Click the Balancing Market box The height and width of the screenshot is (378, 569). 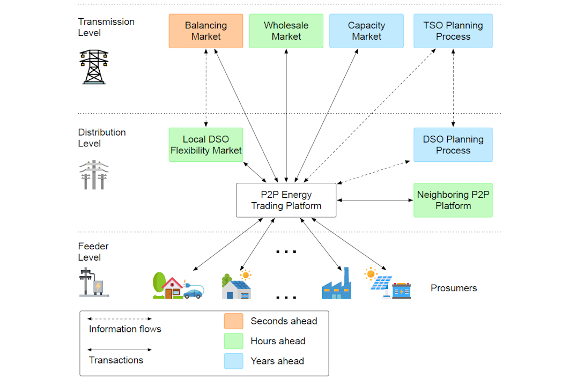click(206, 31)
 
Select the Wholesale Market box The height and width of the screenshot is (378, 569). click(286, 31)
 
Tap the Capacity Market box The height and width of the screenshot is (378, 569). click(366, 31)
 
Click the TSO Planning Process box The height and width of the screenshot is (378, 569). click(453, 31)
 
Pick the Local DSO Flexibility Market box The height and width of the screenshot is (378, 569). click(206, 145)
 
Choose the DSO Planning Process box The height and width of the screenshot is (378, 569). click(453, 145)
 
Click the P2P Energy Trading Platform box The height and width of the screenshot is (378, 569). click(286, 200)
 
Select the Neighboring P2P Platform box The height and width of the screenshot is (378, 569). click(453, 200)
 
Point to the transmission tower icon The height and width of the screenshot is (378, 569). click(94, 66)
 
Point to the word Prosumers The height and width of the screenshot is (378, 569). click(454, 288)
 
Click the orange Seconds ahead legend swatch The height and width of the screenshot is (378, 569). click(233, 321)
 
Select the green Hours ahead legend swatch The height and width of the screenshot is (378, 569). click(233, 341)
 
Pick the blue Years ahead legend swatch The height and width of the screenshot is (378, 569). click(233, 361)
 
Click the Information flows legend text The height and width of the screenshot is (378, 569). click(125, 329)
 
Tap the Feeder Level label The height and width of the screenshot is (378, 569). click(93, 251)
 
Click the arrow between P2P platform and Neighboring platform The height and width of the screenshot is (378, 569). click(375, 201)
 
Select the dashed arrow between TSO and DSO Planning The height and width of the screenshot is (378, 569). click(454, 88)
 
